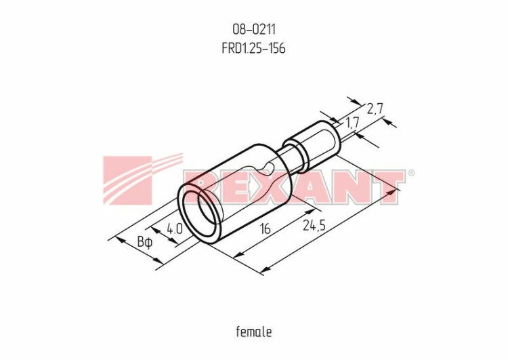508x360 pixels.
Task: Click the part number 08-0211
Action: [254, 30]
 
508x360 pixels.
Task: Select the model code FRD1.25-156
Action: [254, 48]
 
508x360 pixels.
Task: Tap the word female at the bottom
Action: [254, 332]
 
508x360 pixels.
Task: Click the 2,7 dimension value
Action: [375, 109]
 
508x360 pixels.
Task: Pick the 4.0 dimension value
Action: [175, 229]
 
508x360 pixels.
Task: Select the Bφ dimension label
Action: [144, 242]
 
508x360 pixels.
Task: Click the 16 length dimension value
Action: [265, 229]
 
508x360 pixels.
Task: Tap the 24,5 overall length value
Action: [314, 225]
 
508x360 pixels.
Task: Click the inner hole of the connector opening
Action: [207, 214]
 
